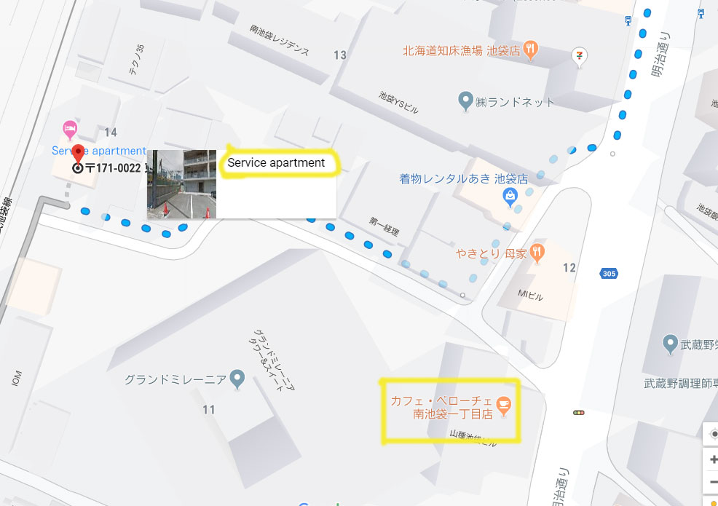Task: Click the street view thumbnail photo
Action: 181,184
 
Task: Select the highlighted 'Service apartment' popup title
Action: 276,163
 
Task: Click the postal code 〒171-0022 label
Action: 113,168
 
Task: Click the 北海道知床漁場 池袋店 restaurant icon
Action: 532,50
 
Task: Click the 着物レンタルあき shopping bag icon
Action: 510,195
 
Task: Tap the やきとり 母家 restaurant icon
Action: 537,253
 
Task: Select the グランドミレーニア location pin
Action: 237,379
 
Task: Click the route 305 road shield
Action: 609,274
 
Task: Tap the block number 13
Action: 340,55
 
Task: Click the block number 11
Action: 209,410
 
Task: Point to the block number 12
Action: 569,268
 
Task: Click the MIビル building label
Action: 530,296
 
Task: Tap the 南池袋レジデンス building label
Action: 279,41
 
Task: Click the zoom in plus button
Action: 713,460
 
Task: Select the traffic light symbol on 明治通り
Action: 579,413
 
